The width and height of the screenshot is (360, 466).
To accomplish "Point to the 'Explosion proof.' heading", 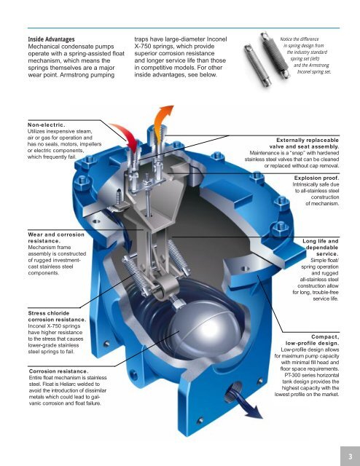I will click(x=316, y=177).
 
